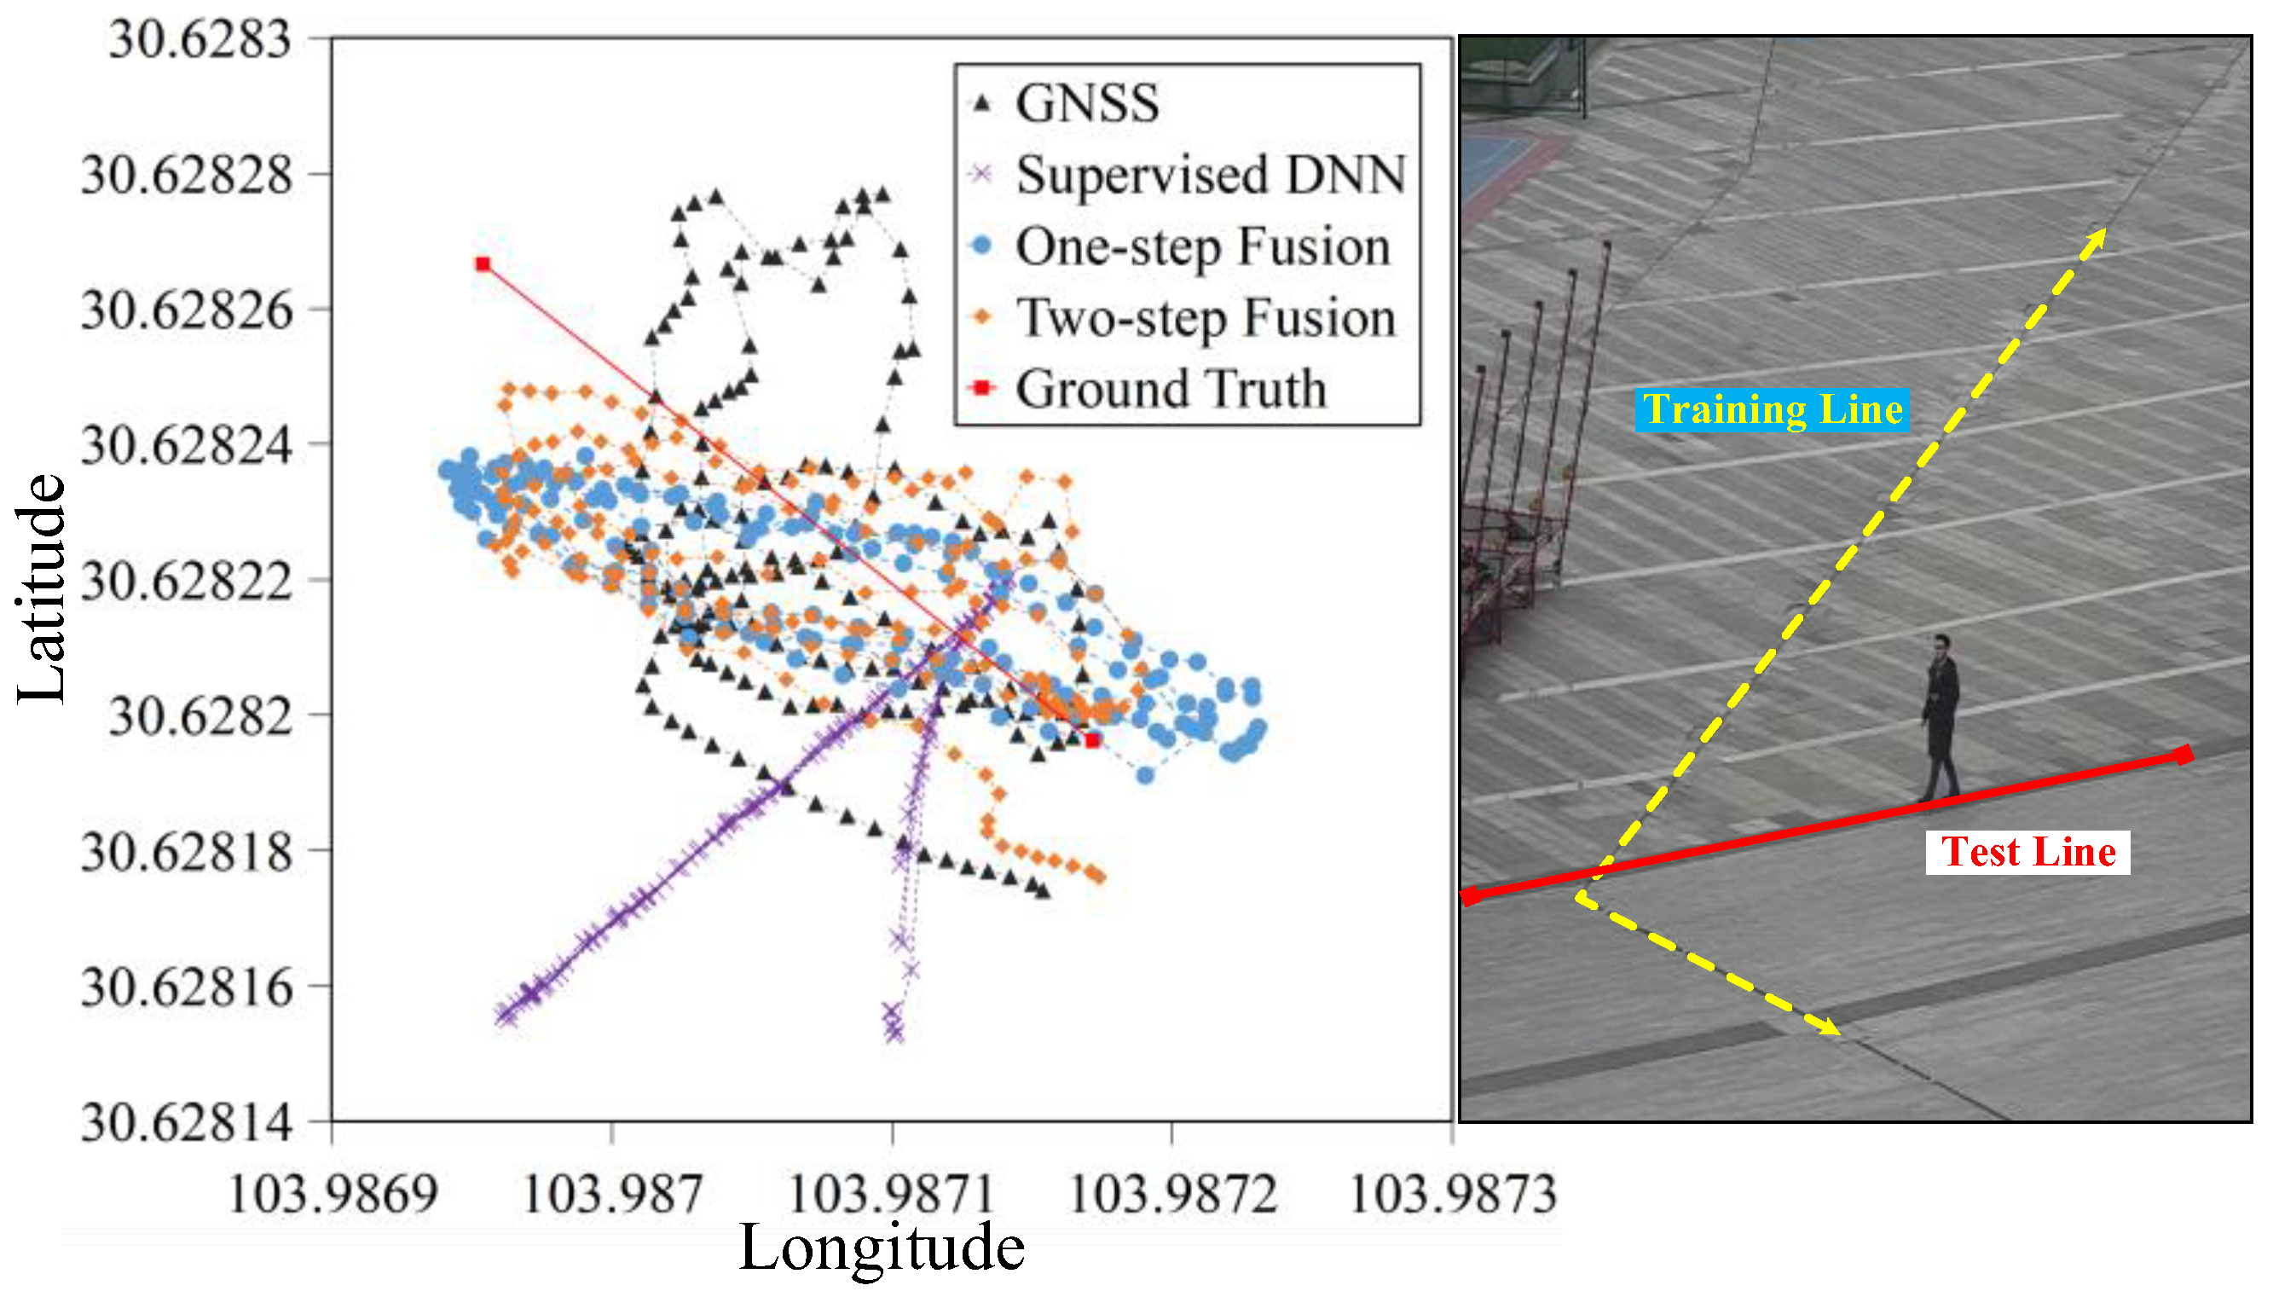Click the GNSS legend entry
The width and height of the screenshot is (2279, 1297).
(x=1086, y=103)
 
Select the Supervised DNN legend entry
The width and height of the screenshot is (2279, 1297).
(x=1209, y=175)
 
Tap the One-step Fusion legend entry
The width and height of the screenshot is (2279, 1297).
(x=1201, y=246)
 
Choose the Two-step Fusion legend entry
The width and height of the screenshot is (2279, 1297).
(x=1205, y=318)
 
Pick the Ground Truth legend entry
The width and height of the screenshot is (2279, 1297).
(x=1171, y=390)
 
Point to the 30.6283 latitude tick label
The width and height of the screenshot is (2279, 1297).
(x=200, y=40)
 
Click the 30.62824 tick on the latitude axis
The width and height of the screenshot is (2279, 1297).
(x=186, y=444)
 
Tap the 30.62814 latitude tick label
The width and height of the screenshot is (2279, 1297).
(x=186, y=1121)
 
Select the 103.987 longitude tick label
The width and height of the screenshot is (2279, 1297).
(x=612, y=1194)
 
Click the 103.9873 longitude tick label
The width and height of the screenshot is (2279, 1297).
(x=1453, y=1194)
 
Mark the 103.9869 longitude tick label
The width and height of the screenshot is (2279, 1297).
(x=333, y=1194)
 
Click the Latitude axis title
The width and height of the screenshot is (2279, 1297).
(x=41, y=588)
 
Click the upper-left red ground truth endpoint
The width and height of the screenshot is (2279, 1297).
(x=483, y=264)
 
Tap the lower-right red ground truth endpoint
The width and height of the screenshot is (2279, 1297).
(x=1093, y=740)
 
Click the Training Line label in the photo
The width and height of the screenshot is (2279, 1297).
(x=1772, y=410)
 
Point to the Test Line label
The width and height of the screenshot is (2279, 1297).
(x=2027, y=853)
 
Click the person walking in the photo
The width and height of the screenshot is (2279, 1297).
(x=1940, y=717)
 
